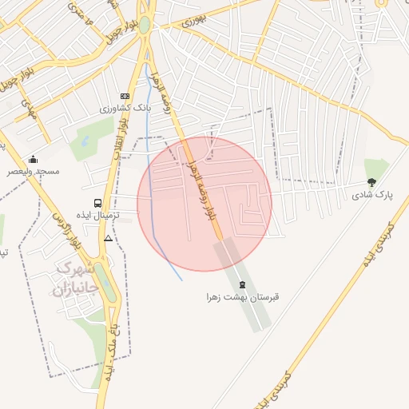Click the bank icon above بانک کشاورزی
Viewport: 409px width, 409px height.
[124, 95]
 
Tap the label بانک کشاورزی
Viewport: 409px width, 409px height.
[124, 107]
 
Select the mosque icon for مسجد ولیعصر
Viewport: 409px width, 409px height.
[33, 159]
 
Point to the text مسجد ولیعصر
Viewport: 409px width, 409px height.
[33, 171]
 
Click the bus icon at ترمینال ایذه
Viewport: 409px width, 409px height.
[97, 204]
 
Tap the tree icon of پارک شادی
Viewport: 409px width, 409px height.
[370, 184]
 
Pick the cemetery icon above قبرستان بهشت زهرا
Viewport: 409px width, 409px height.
[243, 285]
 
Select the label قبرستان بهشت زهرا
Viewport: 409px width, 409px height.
[243, 297]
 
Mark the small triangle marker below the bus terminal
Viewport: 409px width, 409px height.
[108, 238]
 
